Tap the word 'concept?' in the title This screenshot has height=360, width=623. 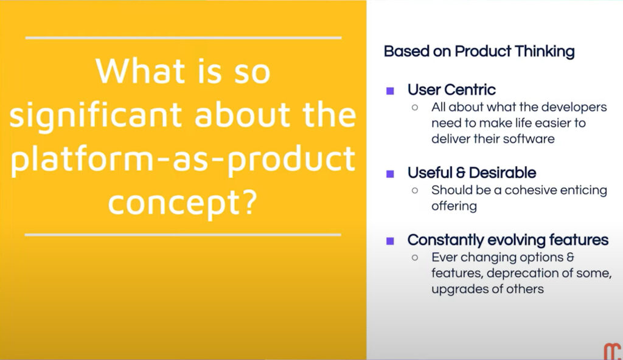(183, 203)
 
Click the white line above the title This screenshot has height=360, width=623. (183, 38)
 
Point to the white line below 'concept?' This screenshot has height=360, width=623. (183, 235)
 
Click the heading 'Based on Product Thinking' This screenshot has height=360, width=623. (479, 52)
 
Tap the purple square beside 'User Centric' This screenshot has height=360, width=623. (390, 91)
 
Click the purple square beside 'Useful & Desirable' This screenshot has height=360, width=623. (390, 174)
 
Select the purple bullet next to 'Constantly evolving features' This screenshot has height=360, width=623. (390, 241)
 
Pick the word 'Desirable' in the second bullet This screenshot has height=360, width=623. (503, 173)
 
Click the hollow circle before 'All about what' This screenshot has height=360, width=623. (415, 107)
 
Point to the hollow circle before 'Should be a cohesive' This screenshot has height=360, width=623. (415, 190)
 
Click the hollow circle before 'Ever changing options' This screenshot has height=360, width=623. (415, 257)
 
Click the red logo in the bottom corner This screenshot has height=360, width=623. (612, 352)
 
